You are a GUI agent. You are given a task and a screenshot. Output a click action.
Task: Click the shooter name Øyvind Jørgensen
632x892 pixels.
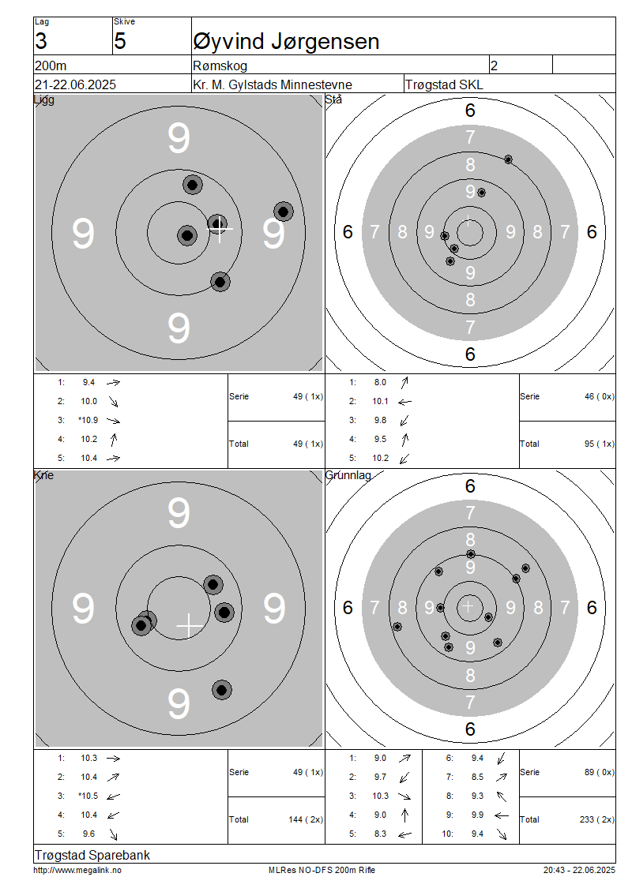point(287,42)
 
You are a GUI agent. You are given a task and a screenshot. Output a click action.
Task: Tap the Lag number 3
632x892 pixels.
point(41,42)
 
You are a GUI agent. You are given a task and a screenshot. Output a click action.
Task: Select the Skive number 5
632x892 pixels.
point(119,42)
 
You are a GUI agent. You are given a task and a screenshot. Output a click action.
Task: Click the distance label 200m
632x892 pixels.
point(51,66)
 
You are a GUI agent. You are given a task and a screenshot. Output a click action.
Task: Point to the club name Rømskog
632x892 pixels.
point(220,66)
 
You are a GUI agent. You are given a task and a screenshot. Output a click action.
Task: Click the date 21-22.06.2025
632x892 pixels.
point(75,84)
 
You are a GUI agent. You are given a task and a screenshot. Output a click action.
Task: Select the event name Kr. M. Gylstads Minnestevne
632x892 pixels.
point(273,84)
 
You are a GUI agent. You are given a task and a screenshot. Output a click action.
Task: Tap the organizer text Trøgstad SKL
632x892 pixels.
point(444,84)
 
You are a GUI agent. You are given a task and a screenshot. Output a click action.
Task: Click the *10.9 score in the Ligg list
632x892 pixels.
point(88,421)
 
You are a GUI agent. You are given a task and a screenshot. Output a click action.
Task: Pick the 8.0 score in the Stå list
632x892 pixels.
point(380,382)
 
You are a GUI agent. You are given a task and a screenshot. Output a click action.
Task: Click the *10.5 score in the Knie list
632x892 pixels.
point(88,796)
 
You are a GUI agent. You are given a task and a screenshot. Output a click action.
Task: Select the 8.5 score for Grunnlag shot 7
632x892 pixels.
point(477,777)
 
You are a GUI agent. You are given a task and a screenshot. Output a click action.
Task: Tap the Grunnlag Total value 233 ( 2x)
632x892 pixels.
point(596,819)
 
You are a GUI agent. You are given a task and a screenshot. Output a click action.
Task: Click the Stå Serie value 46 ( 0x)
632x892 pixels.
point(599,396)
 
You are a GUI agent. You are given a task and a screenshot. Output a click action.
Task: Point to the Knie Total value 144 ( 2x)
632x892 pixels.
point(306,819)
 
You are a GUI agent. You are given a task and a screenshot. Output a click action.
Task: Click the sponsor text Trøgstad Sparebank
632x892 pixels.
point(92,855)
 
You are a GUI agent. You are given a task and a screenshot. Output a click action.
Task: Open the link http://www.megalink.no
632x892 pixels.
point(77,870)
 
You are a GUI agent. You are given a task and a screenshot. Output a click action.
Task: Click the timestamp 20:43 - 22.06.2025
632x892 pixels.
point(579,870)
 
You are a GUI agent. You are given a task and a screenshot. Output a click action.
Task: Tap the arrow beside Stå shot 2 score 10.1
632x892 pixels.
point(404,402)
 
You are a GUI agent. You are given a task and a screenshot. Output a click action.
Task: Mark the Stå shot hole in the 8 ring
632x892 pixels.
point(509,159)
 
